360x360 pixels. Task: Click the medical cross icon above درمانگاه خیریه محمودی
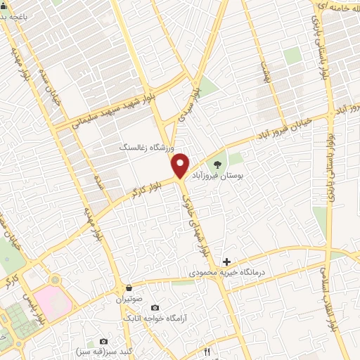tap(226, 262)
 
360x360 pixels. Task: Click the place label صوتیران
tap(129, 299)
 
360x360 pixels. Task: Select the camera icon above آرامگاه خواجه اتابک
tap(155, 308)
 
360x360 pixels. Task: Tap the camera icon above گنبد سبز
tap(103, 341)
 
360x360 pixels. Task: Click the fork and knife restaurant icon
tap(206, 351)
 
